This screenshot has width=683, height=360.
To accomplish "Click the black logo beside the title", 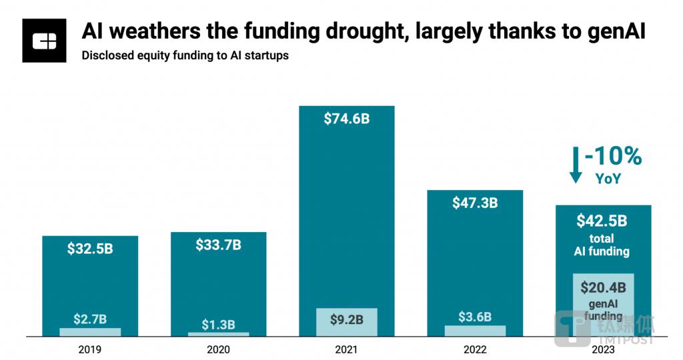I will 44,41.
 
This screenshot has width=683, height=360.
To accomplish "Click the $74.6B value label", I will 347,119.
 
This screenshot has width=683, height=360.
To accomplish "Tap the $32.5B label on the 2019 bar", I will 90,249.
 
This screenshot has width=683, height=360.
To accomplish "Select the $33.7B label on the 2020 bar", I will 218,245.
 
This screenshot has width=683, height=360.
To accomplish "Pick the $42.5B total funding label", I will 602,220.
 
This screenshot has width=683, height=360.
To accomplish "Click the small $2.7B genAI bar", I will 90,331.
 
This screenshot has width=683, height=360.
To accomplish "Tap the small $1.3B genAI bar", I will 218,333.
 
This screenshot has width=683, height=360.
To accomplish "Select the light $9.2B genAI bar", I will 347,321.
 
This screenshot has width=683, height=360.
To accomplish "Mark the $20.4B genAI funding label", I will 602,288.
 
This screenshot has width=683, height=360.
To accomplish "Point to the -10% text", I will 613,157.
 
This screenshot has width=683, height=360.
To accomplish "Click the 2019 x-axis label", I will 90,349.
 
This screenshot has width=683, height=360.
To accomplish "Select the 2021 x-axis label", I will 347,349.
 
